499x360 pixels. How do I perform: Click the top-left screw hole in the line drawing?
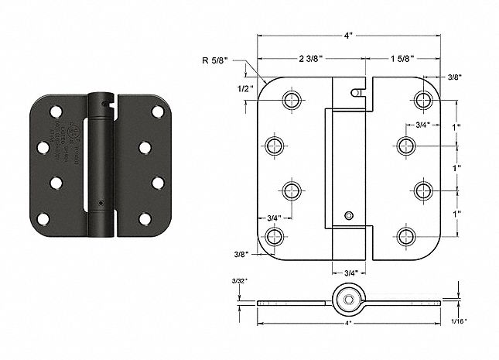pyautogui.click(x=292, y=100)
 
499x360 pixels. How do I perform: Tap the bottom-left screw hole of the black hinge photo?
pyautogui.click(x=43, y=219)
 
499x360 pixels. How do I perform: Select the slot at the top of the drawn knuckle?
pyautogui.click(x=356, y=91)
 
